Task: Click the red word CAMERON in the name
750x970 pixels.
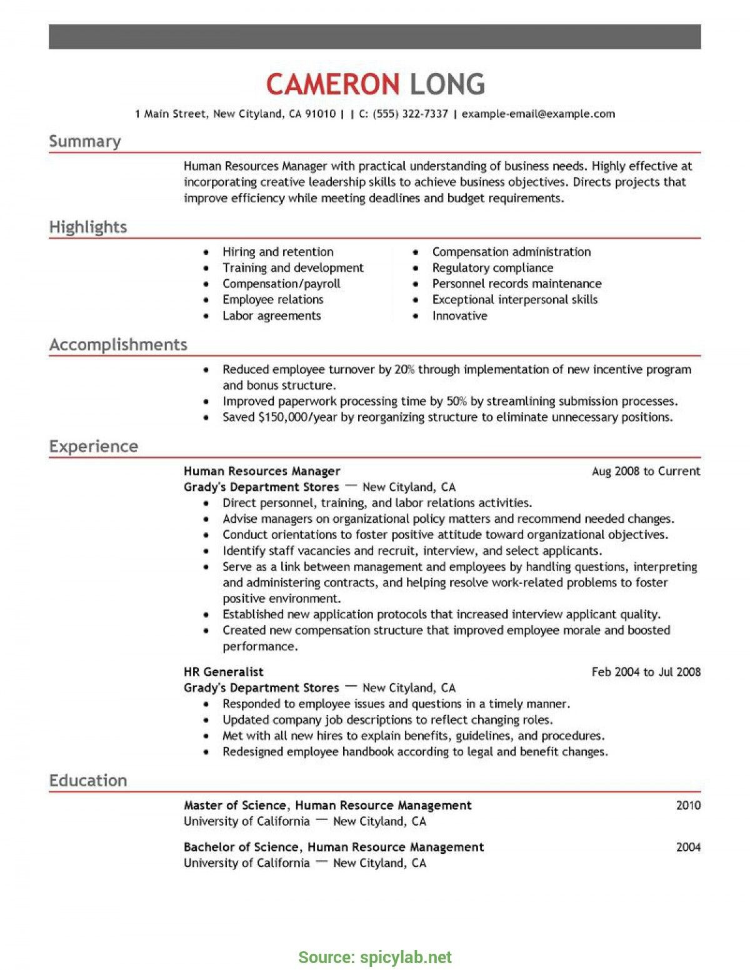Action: point(332,84)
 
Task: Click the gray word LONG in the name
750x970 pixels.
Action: point(447,84)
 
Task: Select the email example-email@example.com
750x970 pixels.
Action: point(538,114)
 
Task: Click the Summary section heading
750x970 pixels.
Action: point(85,141)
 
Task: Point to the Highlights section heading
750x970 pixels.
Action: point(88,227)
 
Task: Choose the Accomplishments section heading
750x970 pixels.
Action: point(118,344)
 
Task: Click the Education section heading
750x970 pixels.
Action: point(88,780)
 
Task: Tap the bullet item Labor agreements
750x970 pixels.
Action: point(271,315)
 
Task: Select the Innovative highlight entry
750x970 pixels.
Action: point(459,315)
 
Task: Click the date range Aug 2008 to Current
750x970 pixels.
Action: point(646,471)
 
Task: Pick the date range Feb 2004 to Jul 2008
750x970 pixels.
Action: point(646,671)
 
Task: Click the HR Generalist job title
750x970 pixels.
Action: point(223,671)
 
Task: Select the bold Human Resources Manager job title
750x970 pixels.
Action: point(262,471)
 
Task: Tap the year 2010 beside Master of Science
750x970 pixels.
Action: point(688,805)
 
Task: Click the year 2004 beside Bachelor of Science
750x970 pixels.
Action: point(688,847)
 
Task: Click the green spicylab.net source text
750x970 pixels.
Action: point(405,957)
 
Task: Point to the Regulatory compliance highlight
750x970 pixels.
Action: point(492,267)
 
